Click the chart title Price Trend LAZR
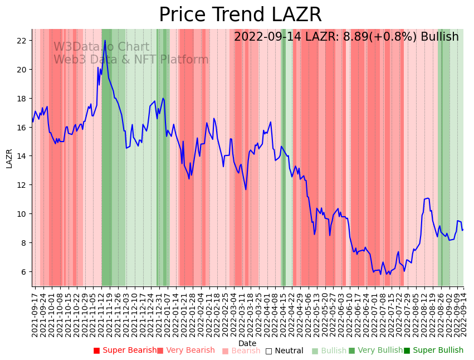pos(240,15)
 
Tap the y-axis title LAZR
pos(9,158)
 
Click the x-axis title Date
pos(247,343)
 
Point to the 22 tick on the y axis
pos(22,41)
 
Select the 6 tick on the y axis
pos(24,272)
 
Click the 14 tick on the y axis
pos(22,156)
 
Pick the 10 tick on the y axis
pos(22,214)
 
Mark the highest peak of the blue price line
pos(105,41)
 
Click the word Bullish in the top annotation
pos(439,37)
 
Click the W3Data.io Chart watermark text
pos(101,47)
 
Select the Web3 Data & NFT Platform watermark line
pos(131,60)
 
